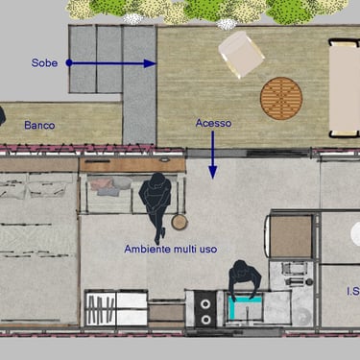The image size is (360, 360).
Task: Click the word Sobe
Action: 44,63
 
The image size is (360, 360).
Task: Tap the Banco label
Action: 39,125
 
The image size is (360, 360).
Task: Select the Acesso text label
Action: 213,123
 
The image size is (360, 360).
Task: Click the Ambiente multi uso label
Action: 171,249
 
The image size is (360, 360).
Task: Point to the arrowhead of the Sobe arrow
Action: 150,63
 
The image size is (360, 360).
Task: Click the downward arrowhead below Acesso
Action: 213,173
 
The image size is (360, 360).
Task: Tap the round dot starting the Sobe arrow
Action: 69,63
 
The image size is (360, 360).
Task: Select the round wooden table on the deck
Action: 281,98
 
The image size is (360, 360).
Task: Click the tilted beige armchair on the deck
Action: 241,54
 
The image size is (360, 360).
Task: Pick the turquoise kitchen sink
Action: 246,308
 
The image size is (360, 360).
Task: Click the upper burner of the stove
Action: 205,304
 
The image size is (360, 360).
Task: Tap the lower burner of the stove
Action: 205,319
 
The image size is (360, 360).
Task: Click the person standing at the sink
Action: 245,278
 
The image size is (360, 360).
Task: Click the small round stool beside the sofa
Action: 180,223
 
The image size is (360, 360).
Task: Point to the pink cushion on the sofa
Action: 101,184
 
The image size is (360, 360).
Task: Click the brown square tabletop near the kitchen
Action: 291,236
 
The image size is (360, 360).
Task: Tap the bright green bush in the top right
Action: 289,12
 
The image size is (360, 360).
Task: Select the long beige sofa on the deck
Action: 345,88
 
